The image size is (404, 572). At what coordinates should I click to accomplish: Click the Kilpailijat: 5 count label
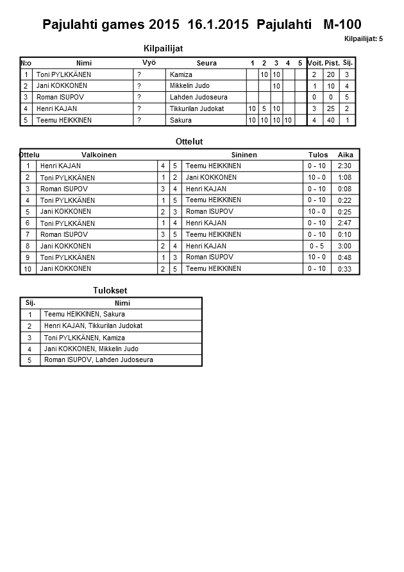[x=363, y=39]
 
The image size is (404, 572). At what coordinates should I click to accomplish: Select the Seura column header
[x=206, y=63]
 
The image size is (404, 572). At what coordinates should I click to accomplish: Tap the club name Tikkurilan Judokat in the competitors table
[x=197, y=109]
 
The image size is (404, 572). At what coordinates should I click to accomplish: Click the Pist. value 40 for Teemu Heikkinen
[x=332, y=121]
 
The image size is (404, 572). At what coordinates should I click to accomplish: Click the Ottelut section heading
[x=189, y=141]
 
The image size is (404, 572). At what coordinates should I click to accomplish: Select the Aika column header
[x=346, y=155]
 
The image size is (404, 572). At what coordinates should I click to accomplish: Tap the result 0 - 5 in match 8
[x=317, y=247]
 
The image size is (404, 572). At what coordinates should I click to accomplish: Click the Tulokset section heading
[x=110, y=291]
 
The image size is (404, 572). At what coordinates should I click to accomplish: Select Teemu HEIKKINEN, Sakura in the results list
[x=84, y=315]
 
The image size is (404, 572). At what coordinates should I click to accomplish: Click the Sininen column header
[x=244, y=155]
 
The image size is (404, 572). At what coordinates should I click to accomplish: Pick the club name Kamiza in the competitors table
[x=181, y=75]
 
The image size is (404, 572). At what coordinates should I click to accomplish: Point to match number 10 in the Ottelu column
[x=28, y=270]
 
